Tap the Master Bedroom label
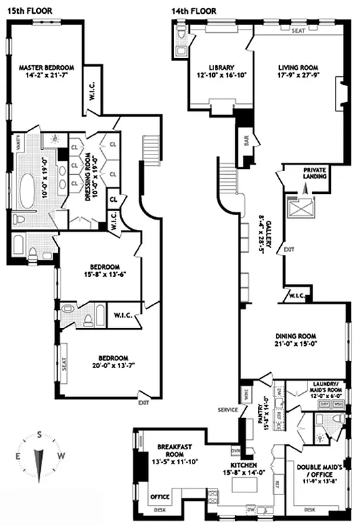click(x=46, y=68)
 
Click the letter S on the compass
click(x=40, y=435)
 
